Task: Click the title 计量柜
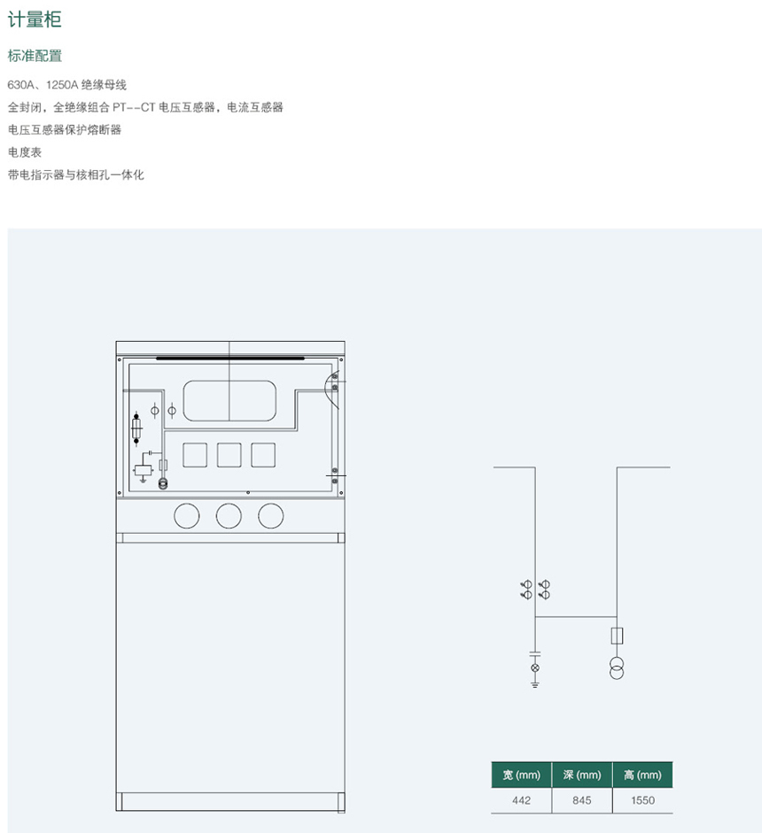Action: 35,20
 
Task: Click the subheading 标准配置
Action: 35,56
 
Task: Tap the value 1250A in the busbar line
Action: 62,85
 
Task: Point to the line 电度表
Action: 25,152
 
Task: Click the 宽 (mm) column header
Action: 521,775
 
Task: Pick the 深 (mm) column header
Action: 581,775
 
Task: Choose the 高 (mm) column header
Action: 642,775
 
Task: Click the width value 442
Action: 521,800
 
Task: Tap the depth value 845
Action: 581,800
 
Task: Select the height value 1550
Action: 642,800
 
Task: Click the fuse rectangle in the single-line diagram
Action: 617,636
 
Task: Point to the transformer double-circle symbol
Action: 617,667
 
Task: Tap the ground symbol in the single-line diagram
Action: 534,683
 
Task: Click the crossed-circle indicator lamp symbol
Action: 534,667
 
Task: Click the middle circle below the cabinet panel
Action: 229,515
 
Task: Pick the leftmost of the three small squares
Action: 195,455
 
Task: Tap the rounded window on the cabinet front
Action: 229,401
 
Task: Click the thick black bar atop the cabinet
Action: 230,359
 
